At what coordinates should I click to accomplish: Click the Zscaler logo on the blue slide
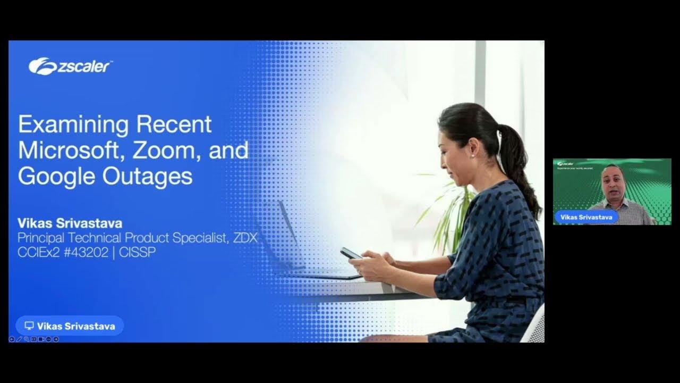(70, 66)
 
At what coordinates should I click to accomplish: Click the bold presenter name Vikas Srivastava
(70, 223)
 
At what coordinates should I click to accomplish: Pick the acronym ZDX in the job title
(245, 238)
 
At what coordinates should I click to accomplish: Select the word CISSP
(137, 252)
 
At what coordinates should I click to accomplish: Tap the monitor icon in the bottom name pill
(29, 326)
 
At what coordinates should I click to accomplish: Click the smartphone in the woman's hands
(351, 253)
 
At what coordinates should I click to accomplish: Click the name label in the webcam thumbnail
(586, 217)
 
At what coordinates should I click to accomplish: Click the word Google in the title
(50, 176)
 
